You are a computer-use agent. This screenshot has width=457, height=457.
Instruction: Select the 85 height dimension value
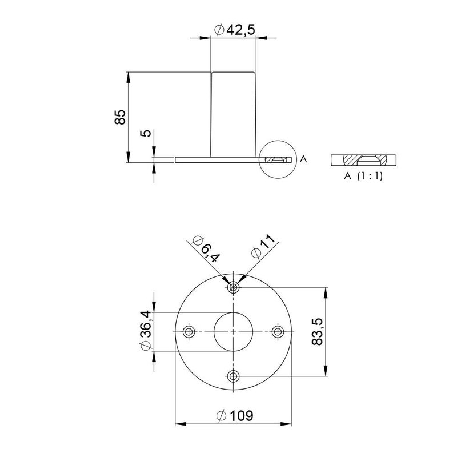click(119, 118)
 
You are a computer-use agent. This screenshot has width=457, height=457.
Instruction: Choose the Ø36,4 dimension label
click(145, 331)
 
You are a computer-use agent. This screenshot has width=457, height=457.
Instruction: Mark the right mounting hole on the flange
click(278, 332)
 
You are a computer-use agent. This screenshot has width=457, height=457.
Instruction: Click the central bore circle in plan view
click(233, 332)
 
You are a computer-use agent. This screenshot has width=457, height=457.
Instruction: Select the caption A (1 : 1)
click(363, 176)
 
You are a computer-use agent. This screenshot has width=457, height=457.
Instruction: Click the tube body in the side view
click(233, 114)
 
